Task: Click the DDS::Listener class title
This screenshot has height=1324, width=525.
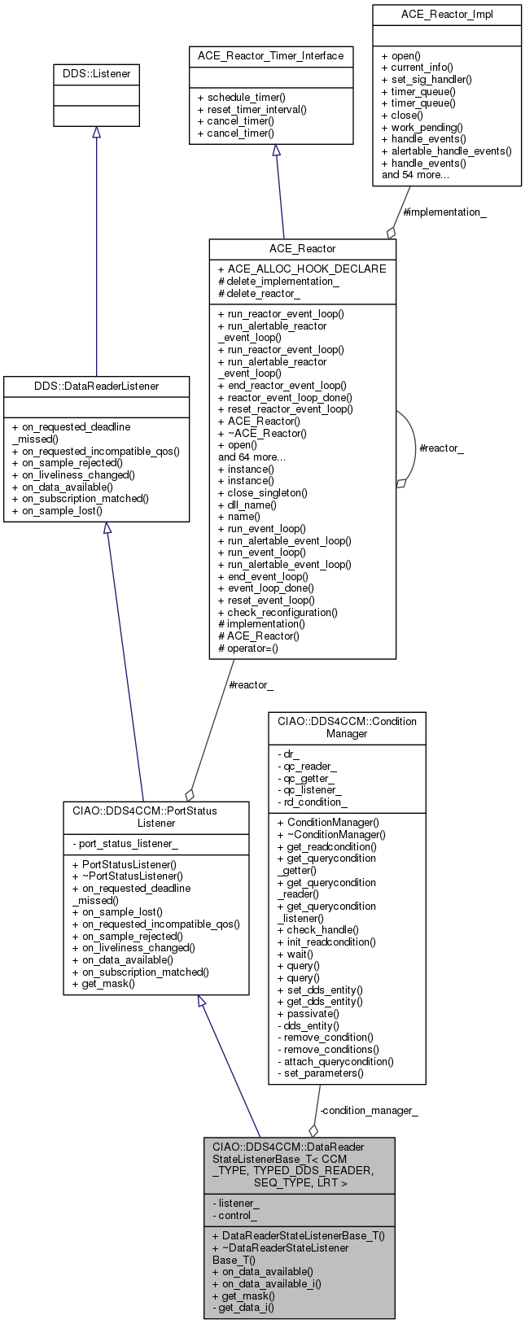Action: (x=96, y=74)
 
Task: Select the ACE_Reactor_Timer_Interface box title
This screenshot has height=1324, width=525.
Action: (x=270, y=56)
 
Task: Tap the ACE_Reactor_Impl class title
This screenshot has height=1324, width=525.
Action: (x=447, y=15)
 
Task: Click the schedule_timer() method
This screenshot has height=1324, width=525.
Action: (x=237, y=96)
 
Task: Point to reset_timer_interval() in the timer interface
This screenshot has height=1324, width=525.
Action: (x=246, y=108)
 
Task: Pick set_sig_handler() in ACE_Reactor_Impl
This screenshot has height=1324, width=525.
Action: (x=426, y=79)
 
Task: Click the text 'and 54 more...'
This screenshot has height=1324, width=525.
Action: (x=415, y=174)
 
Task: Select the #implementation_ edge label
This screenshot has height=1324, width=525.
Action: (x=444, y=212)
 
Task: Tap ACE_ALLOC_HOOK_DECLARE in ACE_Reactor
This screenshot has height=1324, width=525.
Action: (x=302, y=269)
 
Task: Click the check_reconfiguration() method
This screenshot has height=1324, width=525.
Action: (x=277, y=612)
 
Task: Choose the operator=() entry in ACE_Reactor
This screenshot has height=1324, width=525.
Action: (x=248, y=648)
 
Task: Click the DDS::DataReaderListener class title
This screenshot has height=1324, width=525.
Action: (x=97, y=386)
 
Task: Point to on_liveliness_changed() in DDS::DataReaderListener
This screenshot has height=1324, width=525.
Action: (x=73, y=474)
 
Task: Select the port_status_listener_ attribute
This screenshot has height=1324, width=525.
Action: (x=125, y=845)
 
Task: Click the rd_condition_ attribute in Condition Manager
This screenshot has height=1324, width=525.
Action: (x=313, y=802)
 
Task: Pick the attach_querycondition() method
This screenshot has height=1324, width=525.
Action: (x=335, y=1061)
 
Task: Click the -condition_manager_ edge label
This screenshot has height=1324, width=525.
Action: (x=368, y=1110)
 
